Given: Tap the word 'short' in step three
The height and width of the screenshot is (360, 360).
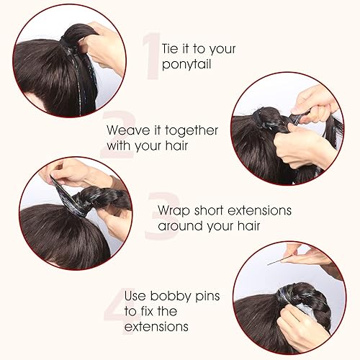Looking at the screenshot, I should [x=217, y=210].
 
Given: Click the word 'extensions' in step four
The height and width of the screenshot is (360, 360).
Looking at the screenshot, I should [x=156, y=326].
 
